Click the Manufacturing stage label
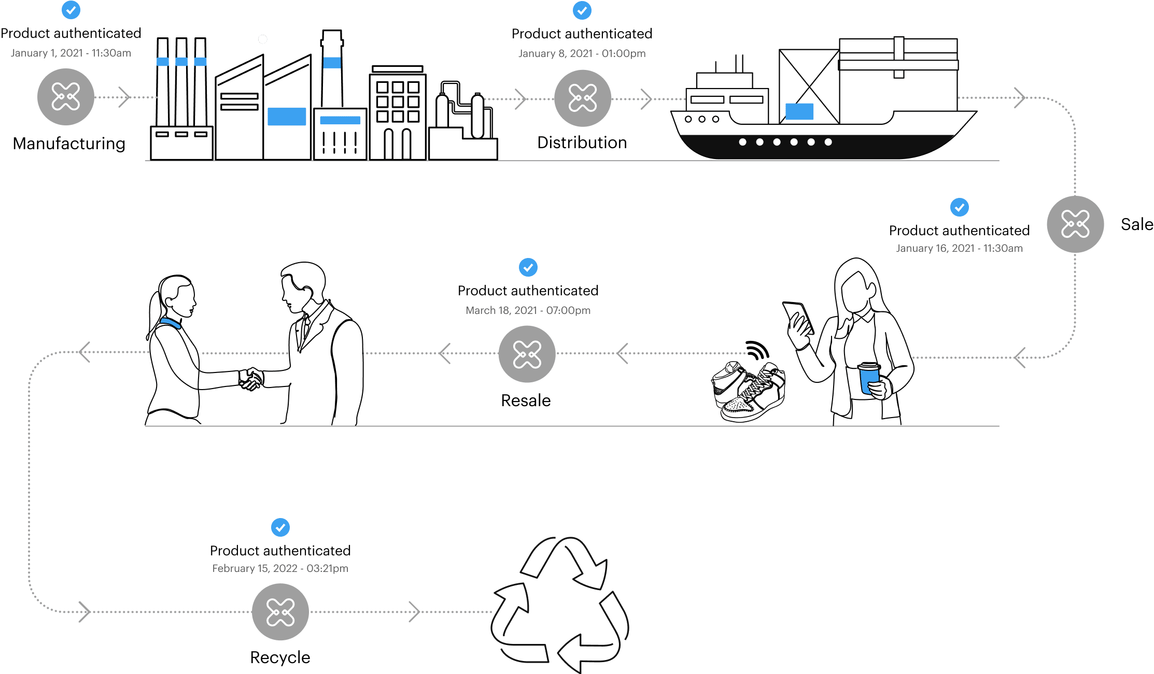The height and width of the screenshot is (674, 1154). click(x=69, y=144)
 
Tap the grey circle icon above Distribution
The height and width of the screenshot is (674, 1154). click(x=583, y=98)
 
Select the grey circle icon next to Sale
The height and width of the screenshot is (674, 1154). click(x=1075, y=224)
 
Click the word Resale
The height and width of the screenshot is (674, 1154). click(x=526, y=400)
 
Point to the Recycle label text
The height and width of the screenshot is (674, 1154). click(x=280, y=657)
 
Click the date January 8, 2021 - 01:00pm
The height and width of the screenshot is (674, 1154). click(x=582, y=53)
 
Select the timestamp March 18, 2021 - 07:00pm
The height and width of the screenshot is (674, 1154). click(x=528, y=310)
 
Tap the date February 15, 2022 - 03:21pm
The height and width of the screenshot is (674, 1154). click(x=280, y=568)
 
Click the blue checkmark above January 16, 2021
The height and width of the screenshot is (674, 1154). click(x=960, y=207)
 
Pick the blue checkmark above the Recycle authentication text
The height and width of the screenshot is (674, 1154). click(x=280, y=527)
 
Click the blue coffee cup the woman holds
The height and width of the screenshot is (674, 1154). click(x=869, y=378)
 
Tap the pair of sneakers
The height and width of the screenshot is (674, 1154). click(x=749, y=392)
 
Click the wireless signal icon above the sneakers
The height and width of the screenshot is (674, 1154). click(x=757, y=350)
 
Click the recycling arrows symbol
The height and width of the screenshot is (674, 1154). click(x=560, y=605)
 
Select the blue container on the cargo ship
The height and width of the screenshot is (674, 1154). click(x=799, y=111)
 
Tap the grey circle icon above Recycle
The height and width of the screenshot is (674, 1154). click(x=280, y=612)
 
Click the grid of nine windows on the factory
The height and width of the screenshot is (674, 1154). click(x=398, y=102)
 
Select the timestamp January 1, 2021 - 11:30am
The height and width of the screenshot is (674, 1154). click(x=71, y=53)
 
